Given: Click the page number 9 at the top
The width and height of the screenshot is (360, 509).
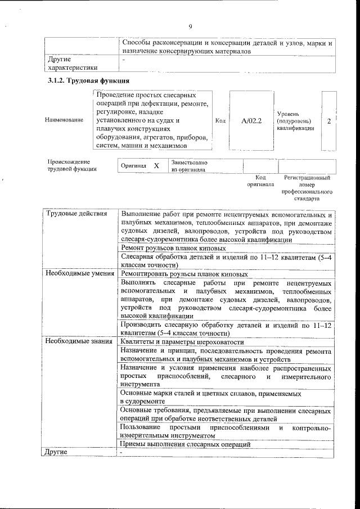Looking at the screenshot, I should pyautogui.click(x=190, y=27).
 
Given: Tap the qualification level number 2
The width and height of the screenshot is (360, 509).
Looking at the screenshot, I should pyautogui.click(x=328, y=120).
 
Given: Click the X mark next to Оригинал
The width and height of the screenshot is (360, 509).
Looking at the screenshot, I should pyautogui.click(x=156, y=166).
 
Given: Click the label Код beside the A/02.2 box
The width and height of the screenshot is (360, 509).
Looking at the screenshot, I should pyautogui.click(x=220, y=120).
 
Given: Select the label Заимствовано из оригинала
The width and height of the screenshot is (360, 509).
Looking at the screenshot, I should pyautogui.click(x=190, y=166).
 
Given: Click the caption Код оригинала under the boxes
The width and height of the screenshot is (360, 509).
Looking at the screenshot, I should pyautogui.click(x=260, y=181).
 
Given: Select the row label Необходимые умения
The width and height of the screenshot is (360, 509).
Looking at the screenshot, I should pyautogui.click(x=75, y=273).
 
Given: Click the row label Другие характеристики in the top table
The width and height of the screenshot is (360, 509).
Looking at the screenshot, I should pyautogui.click(x=69, y=63).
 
